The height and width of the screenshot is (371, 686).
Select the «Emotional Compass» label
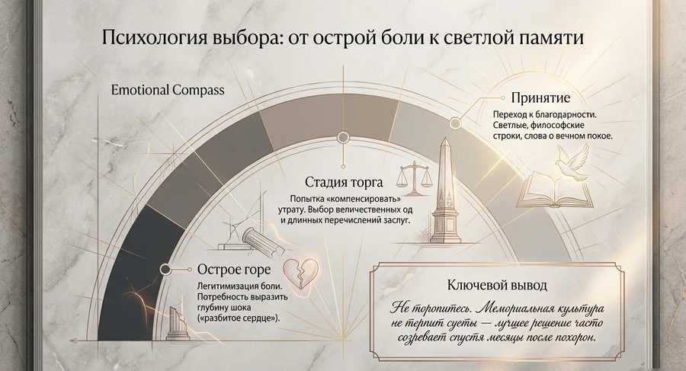pyautogui.click(x=168, y=90)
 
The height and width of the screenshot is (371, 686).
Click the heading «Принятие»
pyautogui.click(x=540, y=97)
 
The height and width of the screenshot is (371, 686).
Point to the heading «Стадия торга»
pyautogui.click(x=344, y=181)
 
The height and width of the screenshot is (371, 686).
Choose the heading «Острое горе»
pyautogui.click(x=234, y=269)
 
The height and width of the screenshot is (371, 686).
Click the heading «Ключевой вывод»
pyautogui.click(x=497, y=285)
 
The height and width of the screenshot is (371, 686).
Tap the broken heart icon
pyautogui.click(x=301, y=273)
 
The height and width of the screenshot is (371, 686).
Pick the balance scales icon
pyautogui.click(x=412, y=178)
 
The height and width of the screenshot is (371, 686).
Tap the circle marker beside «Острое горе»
pyautogui.click(x=165, y=270)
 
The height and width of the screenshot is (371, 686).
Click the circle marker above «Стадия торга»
pyautogui.click(x=343, y=138)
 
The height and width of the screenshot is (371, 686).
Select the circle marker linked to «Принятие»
pyautogui.click(x=456, y=123)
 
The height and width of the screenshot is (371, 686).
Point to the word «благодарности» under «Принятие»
pyautogui.click(x=567, y=114)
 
